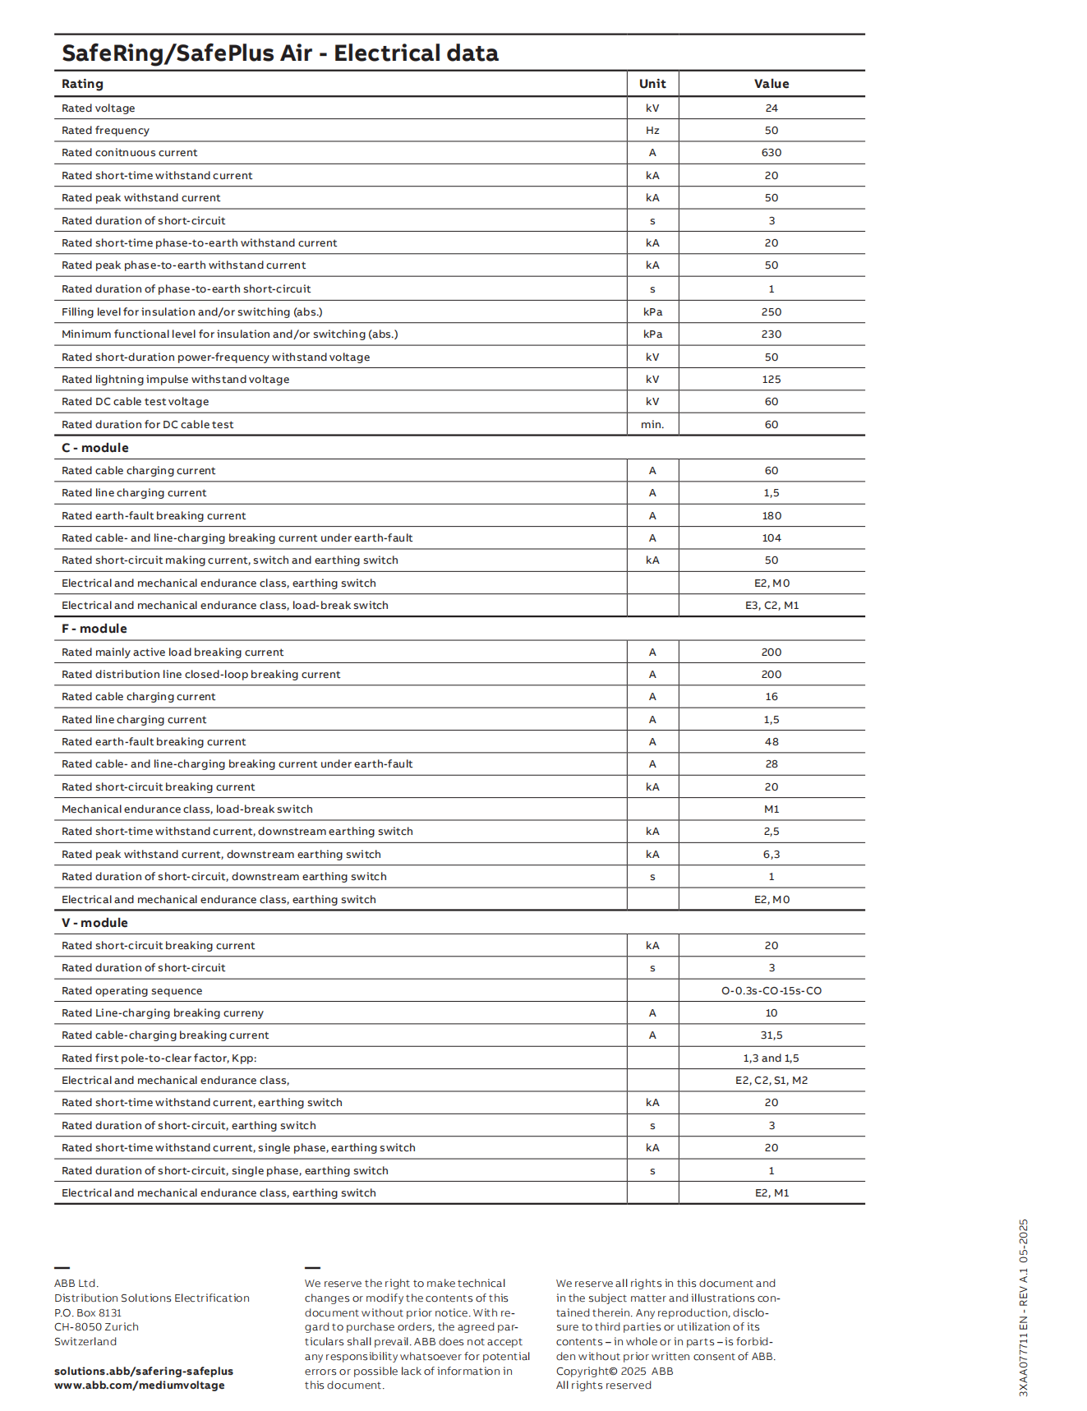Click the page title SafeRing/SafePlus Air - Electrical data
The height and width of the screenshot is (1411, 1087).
[280, 53]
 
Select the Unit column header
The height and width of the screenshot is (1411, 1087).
[652, 84]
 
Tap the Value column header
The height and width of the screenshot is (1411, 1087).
[771, 84]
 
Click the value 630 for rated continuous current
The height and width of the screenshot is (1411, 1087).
[771, 153]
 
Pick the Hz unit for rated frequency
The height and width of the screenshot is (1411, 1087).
[652, 131]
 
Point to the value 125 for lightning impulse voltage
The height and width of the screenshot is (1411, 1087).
[771, 380]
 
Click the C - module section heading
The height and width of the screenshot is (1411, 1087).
[95, 448]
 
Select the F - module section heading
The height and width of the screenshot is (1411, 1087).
[94, 629]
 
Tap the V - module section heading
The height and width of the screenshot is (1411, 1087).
[94, 923]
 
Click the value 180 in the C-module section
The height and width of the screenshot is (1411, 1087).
[771, 516]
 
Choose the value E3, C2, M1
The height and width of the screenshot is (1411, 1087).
[771, 606]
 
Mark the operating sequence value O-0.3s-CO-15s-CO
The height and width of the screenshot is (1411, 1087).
[771, 991]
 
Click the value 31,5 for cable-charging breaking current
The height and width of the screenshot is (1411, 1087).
[771, 1035]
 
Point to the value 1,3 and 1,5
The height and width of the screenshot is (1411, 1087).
[771, 1058]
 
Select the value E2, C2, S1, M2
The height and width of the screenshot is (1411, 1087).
[771, 1081]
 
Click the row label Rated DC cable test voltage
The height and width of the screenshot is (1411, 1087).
[136, 402]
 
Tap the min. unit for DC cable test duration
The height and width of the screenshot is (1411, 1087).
[652, 425]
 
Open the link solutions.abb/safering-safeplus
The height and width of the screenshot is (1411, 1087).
[144, 1371]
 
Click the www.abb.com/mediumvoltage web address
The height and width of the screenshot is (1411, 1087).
[140, 1385]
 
